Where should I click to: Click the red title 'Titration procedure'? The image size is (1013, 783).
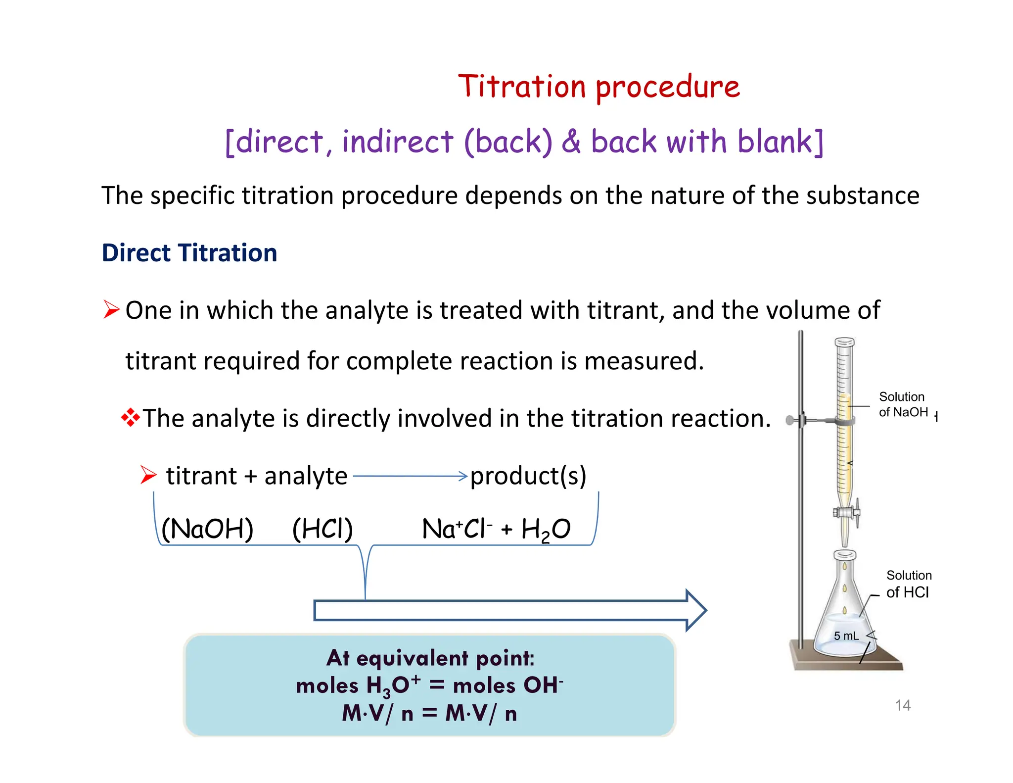tap(599, 87)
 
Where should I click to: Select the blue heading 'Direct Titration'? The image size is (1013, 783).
tap(189, 253)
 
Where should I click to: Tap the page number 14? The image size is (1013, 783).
tap(902, 705)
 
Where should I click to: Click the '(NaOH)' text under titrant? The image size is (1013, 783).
tap(207, 529)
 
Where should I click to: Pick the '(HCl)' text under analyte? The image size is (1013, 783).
tap(322, 529)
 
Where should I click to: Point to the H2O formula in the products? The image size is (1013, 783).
tap(546, 530)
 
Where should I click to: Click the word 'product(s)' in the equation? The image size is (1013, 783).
tap(528, 476)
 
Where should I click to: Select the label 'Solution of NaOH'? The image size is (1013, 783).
tap(902, 404)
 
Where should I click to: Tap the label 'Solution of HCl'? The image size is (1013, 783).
tap(908, 584)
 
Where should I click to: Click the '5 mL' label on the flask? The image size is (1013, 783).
tap(846, 636)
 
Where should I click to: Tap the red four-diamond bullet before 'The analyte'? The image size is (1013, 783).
tap(130, 418)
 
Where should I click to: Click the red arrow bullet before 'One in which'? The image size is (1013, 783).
tap(111, 310)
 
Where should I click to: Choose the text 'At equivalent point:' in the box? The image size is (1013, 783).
tap(430, 658)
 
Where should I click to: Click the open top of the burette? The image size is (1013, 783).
tap(844, 342)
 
